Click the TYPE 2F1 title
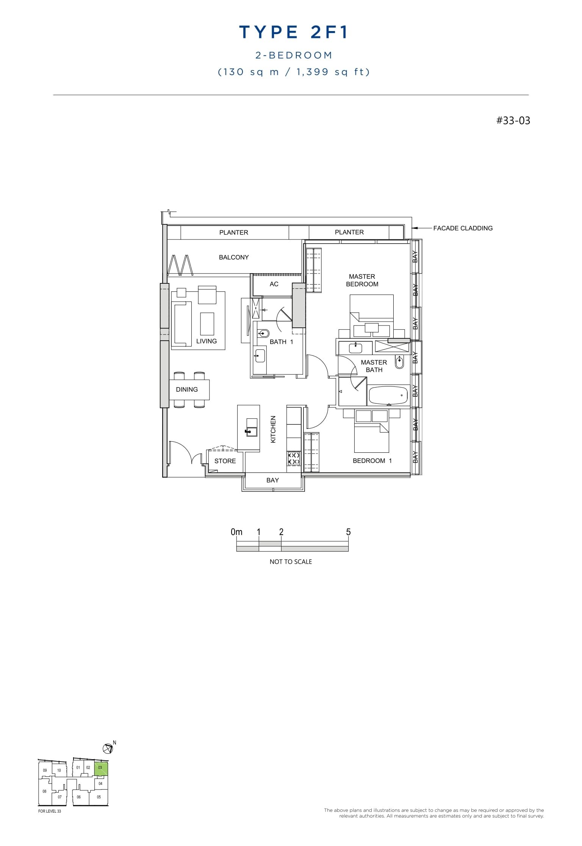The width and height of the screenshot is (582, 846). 294,33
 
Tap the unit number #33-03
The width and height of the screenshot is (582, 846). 513,120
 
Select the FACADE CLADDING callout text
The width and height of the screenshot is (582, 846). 463,228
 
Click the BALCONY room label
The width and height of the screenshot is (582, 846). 234,257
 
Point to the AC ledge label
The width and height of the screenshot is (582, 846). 274,284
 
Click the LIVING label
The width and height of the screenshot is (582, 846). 207,341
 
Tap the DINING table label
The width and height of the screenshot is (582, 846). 187,389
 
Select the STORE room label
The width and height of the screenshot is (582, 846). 225,461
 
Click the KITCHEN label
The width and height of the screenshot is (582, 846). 273,429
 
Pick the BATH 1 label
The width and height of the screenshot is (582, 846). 281,342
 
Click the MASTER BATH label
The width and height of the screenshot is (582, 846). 374,366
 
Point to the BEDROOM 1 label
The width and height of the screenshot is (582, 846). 372,461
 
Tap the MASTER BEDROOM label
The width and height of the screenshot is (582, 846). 362,280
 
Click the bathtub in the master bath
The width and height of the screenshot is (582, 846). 388,395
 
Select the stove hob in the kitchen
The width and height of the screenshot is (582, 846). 294,458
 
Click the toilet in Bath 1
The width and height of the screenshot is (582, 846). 264,333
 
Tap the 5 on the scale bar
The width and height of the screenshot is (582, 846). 348,532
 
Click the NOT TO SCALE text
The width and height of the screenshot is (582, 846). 291,562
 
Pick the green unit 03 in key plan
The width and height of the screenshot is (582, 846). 101,769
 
